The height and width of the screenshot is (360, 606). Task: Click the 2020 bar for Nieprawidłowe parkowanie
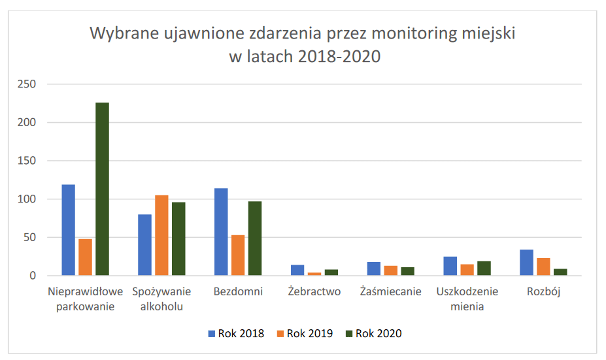102,189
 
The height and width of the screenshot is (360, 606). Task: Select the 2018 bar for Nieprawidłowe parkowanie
69,230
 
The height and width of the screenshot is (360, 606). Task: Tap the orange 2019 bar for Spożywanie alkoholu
161,235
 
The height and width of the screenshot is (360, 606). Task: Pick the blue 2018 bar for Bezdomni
221,232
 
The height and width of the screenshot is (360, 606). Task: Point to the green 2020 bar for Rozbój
560,272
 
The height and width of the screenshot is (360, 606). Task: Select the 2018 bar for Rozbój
526,263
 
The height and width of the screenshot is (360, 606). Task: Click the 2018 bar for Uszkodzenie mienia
450,266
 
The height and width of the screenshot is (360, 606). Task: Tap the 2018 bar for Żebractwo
297,270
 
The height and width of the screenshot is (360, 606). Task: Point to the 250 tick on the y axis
26,84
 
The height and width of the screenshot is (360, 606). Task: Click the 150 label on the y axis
26,161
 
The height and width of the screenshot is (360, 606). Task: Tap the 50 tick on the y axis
29,238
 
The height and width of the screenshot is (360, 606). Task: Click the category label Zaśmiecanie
391,291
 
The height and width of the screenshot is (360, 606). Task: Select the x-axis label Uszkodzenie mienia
467,299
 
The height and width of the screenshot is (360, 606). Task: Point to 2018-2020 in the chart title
339,56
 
